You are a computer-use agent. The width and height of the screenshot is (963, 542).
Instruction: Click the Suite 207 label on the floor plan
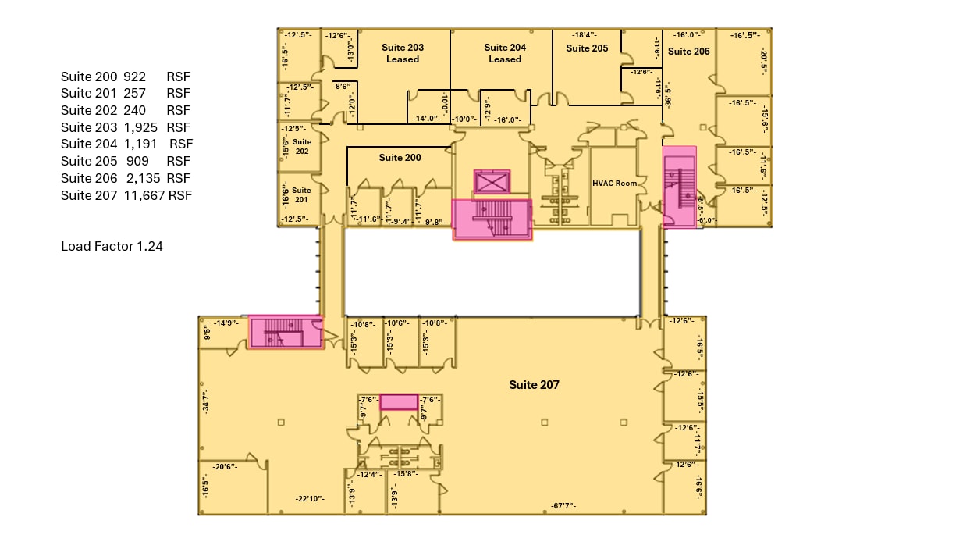534,385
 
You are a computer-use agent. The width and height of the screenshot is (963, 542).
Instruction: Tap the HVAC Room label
614,184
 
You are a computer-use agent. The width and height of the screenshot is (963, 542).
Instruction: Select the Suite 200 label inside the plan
400,158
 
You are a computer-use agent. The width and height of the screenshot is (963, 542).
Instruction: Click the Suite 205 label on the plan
587,48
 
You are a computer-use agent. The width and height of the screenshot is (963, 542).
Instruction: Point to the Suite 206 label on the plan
689,52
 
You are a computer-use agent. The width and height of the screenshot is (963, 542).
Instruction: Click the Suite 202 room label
302,147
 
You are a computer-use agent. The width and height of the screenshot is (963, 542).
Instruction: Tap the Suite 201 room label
302,194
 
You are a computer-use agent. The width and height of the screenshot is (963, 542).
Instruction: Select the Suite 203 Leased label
403,53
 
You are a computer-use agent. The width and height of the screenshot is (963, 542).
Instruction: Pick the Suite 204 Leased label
505,53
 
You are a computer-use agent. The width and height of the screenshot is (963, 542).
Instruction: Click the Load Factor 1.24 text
112,247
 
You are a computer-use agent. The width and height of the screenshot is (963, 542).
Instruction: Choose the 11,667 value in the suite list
144,195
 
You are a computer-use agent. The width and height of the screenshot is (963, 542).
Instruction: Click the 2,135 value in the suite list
143,178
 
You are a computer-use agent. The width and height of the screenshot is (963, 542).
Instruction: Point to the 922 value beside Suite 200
135,77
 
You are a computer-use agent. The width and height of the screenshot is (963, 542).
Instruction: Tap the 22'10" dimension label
309,499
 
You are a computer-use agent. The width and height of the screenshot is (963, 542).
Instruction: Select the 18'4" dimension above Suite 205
584,35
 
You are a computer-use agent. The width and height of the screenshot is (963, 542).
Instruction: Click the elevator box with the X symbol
492,182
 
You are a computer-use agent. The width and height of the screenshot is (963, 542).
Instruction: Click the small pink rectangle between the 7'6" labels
399,402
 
